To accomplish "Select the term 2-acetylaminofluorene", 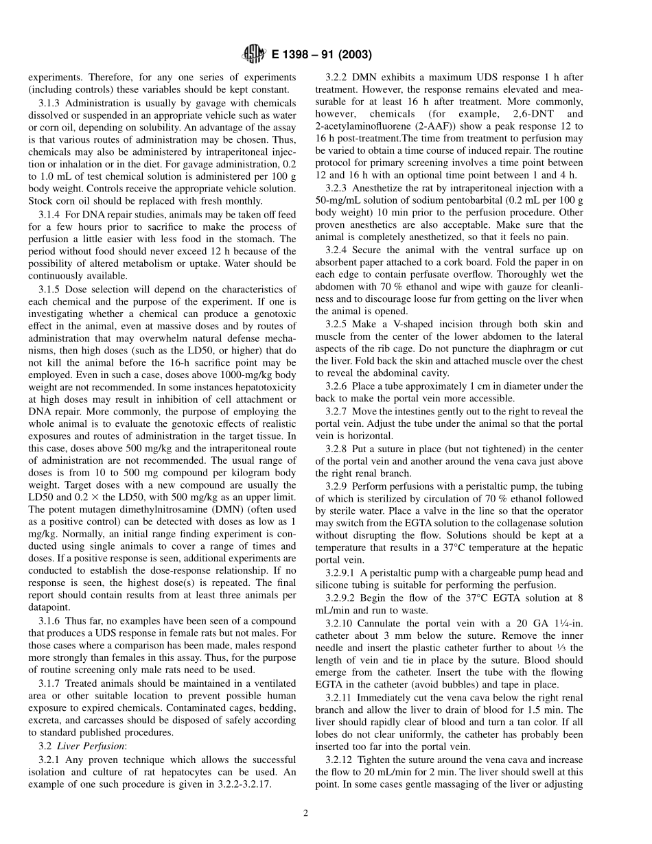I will click(364, 126).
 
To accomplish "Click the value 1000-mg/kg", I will click(222, 375).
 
